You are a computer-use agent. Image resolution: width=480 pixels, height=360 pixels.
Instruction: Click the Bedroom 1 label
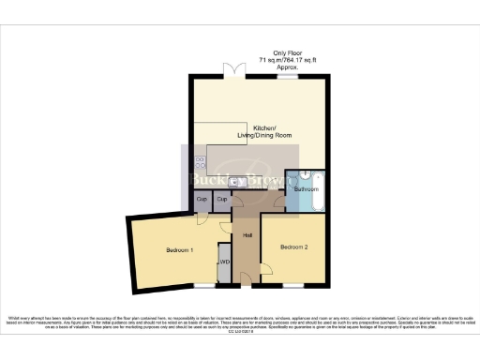[179, 250]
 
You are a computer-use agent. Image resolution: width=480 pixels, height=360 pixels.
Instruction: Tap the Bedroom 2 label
[293, 246]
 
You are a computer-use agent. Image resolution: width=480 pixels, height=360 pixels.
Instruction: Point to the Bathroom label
[307, 188]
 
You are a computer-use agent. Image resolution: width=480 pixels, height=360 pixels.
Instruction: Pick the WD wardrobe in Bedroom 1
[224, 263]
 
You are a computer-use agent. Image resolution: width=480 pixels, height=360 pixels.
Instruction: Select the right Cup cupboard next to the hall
[223, 201]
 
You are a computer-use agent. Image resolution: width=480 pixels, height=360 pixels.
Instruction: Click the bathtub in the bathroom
[317, 190]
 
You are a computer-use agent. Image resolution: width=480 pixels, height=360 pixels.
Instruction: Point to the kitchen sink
[238, 182]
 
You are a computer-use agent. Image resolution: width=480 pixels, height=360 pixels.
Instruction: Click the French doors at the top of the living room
[234, 71]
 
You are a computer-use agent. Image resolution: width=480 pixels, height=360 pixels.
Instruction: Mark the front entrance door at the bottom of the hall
[247, 279]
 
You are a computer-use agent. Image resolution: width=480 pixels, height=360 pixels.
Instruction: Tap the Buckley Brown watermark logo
[240, 178]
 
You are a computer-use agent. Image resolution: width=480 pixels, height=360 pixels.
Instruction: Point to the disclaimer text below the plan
[240, 324]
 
